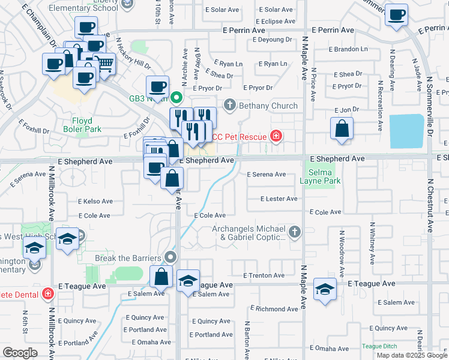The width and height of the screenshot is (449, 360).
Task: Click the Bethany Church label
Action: tap(268, 106)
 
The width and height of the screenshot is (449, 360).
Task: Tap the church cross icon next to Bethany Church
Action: tap(229, 106)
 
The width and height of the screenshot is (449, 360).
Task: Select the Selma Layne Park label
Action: tap(319, 176)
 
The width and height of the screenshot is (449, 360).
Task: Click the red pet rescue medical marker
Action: tap(276, 136)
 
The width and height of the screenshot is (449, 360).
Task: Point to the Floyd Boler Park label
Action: tap(82, 124)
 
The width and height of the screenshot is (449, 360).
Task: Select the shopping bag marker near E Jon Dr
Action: tap(342, 128)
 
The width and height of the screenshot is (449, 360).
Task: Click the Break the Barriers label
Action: tap(130, 258)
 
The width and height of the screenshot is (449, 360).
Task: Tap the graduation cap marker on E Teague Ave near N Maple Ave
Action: tap(325, 290)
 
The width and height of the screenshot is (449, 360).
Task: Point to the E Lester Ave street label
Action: tap(278, 199)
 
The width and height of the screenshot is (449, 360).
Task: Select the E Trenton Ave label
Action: tap(264, 275)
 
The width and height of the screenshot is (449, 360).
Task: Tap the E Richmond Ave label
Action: tap(276, 309)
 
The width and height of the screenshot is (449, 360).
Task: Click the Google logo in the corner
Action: tap(20, 352)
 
